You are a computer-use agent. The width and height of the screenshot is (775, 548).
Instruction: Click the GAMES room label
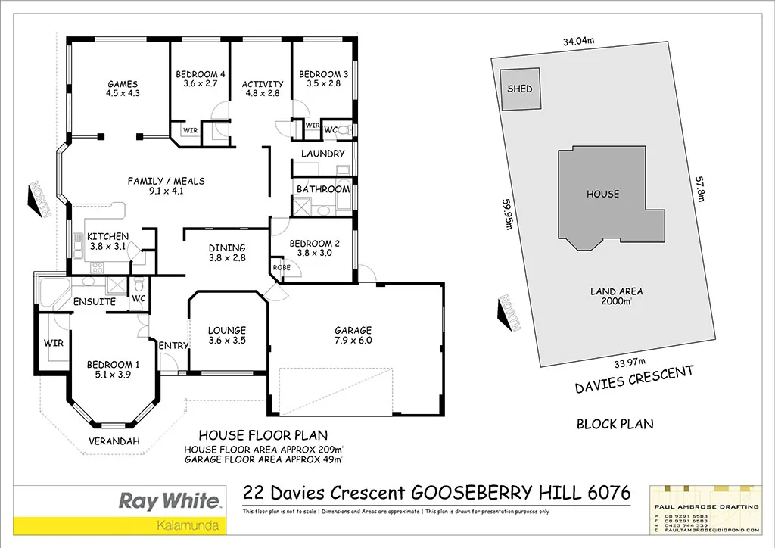[x=123, y=84]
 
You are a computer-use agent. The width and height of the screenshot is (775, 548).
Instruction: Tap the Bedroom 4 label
[x=201, y=74]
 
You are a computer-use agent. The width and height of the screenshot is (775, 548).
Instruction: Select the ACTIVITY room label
[x=263, y=84]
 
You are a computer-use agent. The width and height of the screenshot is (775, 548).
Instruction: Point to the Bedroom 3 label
[x=323, y=74]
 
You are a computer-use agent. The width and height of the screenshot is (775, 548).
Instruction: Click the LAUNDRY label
[x=323, y=154]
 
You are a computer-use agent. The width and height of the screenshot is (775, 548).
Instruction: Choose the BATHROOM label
[x=323, y=188]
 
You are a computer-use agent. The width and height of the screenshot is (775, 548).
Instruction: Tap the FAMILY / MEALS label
[x=166, y=181]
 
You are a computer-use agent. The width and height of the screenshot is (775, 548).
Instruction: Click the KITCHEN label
[x=107, y=236]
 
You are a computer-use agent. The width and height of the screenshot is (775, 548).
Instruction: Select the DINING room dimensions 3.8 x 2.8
[x=228, y=258]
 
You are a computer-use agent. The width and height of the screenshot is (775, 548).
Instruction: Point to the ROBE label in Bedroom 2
[x=282, y=268]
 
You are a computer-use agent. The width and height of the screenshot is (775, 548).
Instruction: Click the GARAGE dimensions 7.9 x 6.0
[x=353, y=341]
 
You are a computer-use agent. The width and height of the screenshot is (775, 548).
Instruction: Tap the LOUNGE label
[x=227, y=330]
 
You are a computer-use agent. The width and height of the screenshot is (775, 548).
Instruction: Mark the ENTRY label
[x=173, y=346]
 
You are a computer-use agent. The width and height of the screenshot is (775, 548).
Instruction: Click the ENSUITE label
[x=94, y=302]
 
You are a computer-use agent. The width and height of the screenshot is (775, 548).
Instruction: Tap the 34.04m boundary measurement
[x=578, y=42]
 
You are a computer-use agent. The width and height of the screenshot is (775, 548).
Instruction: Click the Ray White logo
[x=170, y=500]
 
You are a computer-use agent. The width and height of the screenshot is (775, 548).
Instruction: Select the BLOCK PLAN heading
[x=615, y=424]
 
